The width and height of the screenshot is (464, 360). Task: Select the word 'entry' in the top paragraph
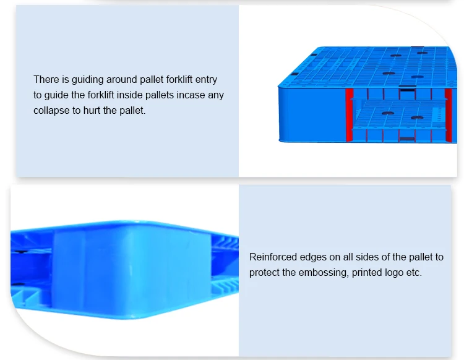205,80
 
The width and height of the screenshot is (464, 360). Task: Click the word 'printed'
369,272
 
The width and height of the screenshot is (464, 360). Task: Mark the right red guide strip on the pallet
448,114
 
